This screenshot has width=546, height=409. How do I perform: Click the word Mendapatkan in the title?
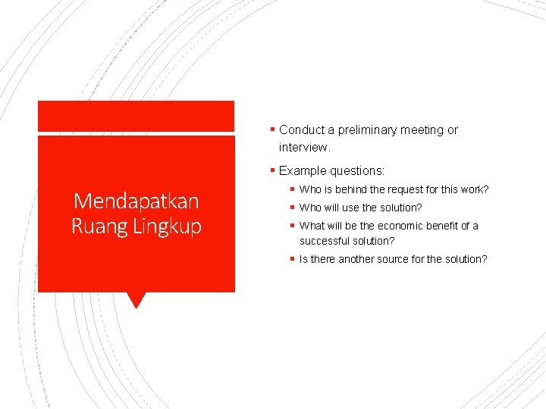136,201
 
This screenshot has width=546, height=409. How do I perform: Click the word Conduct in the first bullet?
302,130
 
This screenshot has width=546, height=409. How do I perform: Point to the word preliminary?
372,130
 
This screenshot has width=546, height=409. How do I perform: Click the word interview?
304,147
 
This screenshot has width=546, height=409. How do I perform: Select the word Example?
302,171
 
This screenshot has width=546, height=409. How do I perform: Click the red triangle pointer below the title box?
136,299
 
